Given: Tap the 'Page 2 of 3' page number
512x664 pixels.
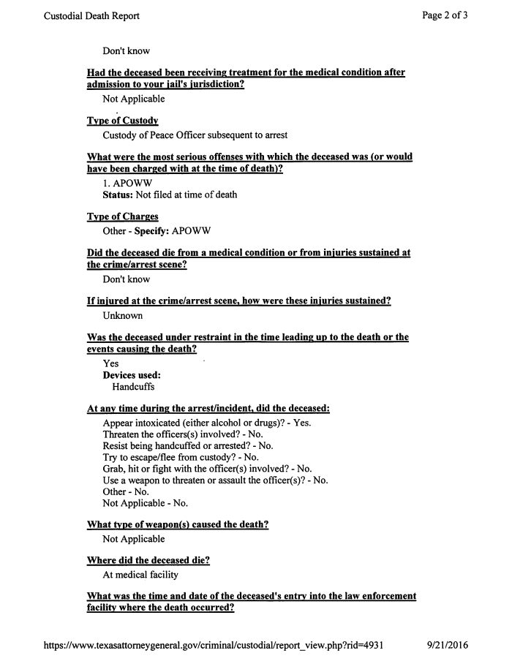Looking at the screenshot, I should [445, 15].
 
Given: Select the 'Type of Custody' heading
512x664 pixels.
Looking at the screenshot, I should [122, 121].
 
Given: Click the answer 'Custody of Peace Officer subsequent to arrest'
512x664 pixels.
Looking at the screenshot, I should [195, 135].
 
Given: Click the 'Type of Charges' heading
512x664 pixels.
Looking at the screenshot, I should [122, 216].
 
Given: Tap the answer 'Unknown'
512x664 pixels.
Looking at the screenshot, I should [123, 315].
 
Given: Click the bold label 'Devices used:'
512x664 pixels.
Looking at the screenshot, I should [132, 375].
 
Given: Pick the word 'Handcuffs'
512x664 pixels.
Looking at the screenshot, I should [133, 387].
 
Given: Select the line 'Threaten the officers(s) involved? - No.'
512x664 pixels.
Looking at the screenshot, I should [183, 434].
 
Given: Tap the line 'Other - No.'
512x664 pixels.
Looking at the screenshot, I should [127, 491].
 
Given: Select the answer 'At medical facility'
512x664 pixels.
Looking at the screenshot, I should [140, 575].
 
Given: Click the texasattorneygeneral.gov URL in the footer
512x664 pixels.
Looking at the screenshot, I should [213, 646].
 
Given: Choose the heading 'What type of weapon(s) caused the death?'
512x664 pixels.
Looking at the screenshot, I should [177, 525].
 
